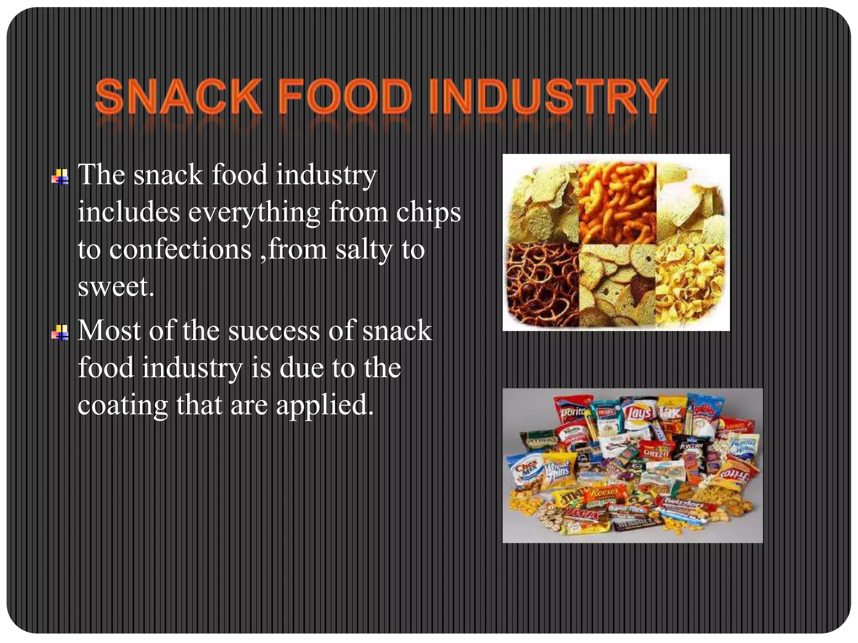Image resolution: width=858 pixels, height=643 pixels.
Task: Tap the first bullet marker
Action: click(60, 177)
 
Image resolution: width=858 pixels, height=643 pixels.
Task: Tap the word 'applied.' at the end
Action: click(325, 405)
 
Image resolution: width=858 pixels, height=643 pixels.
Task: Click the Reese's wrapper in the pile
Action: click(603, 492)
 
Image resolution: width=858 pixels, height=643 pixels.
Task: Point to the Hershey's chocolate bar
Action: click(637, 523)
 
